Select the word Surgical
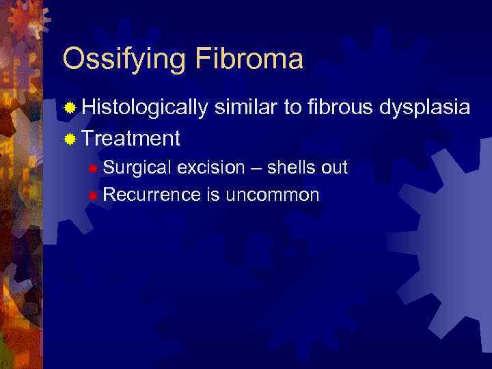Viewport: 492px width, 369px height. [x=137, y=168]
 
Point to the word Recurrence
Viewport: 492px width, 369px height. [x=152, y=195]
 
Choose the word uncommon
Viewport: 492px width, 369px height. [x=272, y=195]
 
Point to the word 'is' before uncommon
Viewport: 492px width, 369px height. [x=213, y=195]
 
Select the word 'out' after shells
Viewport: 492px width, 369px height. [x=336, y=167]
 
